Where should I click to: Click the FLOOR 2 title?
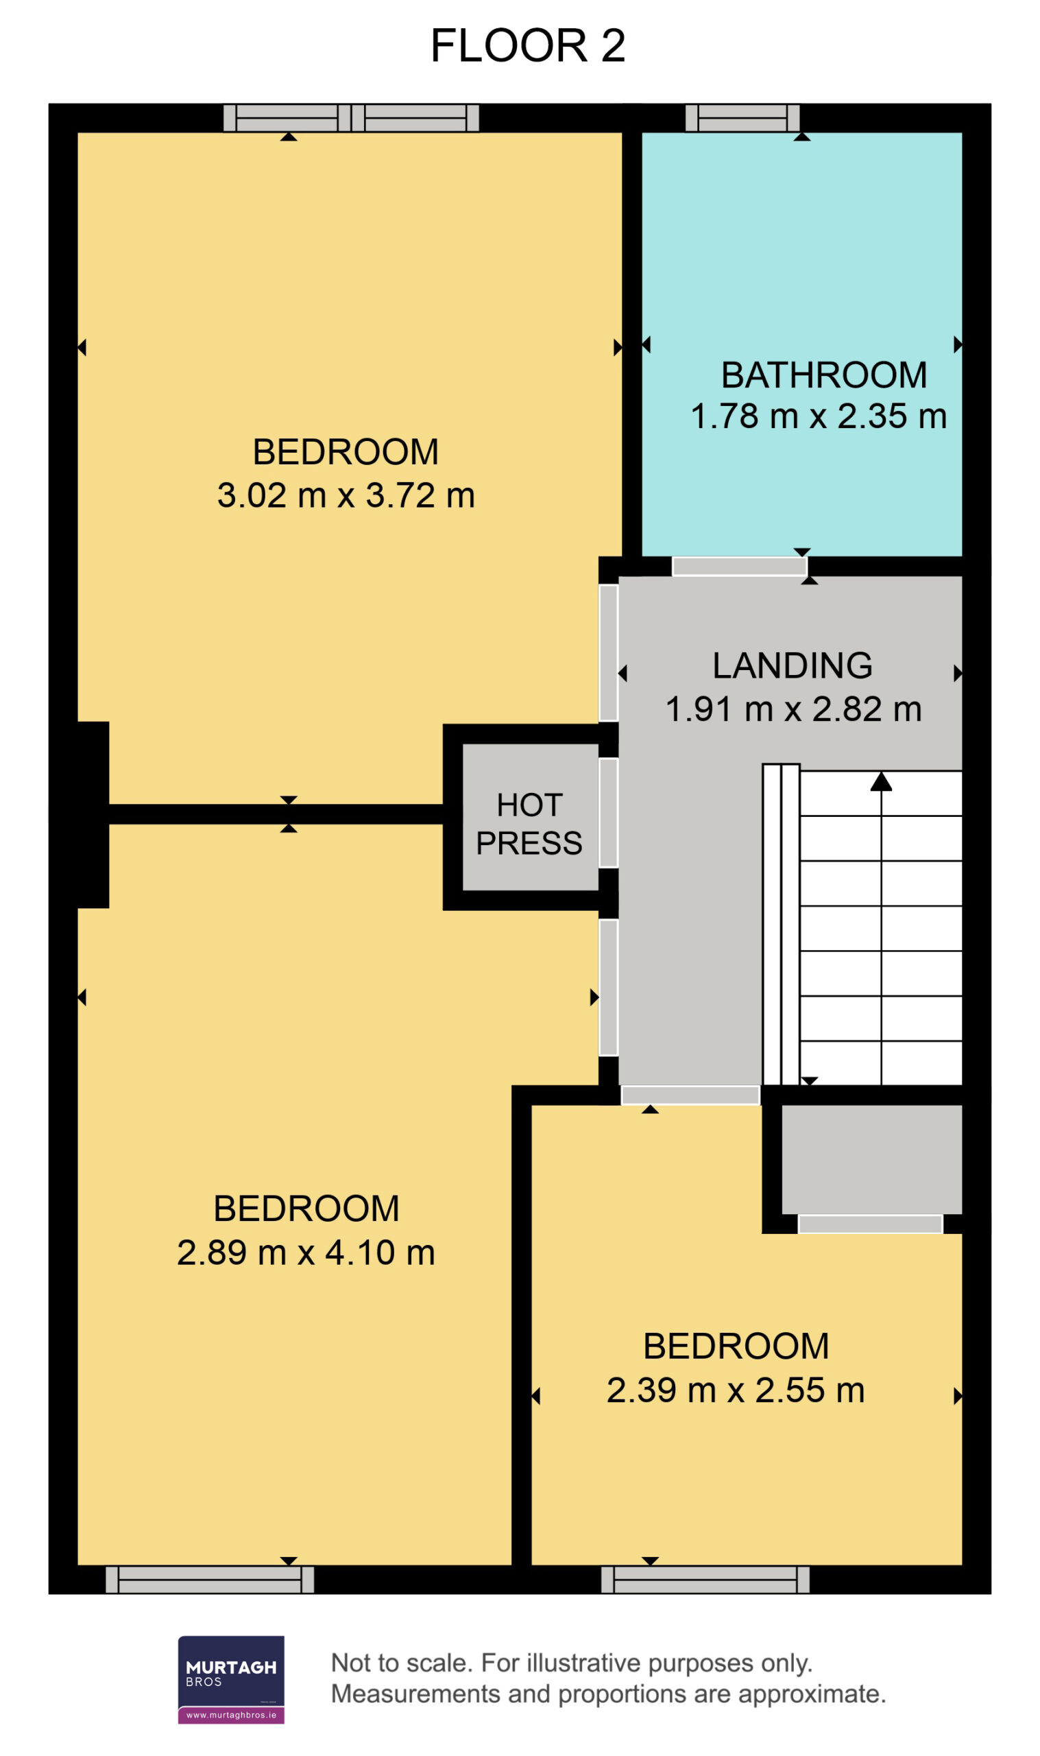pyautogui.click(x=527, y=45)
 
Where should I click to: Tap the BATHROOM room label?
pyautogui.click(x=824, y=375)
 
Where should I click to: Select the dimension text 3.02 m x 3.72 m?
pyautogui.click(x=346, y=496)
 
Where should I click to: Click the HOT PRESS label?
pyautogui.click(x=529, y=824)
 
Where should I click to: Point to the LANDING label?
pyautogui.click(x=793, y=665)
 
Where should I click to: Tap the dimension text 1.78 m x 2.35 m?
pyautogui.click(x=819, y=416)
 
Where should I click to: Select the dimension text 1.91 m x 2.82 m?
pyautogui.click(x=793, y=709)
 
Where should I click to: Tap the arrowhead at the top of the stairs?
pyautogui.click(x=881, y=781)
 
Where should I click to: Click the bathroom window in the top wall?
pyautogui.click(x=742, y=118)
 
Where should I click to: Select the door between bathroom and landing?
pyautogui.click(x=739, y=567)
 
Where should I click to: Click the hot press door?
pyautogui.click(x=608, y=812)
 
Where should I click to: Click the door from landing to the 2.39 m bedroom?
pyautogui.click(x=690, y=1095)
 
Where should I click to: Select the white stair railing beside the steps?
pyautogui.click(x=781, y=925)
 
